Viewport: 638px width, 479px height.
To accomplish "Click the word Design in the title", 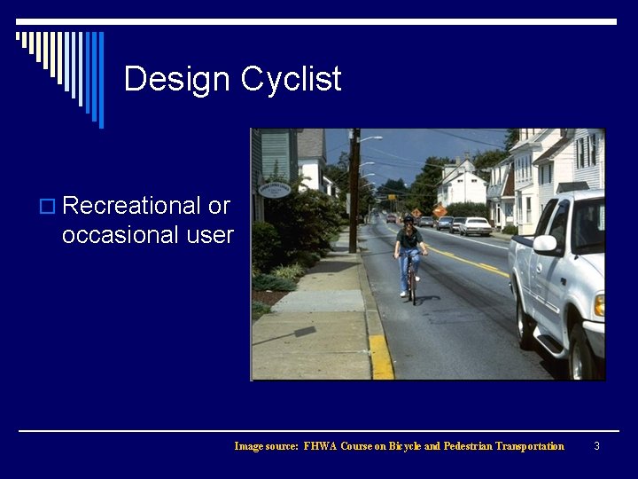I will [x=177, y=79].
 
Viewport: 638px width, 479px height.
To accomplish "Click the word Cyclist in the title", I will [x=291, y=80].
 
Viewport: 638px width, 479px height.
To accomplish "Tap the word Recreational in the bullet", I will [x=132, y=206].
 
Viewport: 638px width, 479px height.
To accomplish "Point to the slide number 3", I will [x=596, y=446].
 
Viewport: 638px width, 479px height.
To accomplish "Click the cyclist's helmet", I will [x=408, y=219].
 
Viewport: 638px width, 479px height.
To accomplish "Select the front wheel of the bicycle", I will [x=412, y=286].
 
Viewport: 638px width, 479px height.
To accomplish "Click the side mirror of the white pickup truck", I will [x=544, y=244].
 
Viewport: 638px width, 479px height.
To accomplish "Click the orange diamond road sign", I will [x=439, y=211].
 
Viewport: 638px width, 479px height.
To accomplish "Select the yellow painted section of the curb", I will [x=381, y=356].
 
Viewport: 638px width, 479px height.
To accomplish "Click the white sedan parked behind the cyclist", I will [x=475, y=226].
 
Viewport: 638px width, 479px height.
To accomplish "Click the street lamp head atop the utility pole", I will [x=376, y=138].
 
